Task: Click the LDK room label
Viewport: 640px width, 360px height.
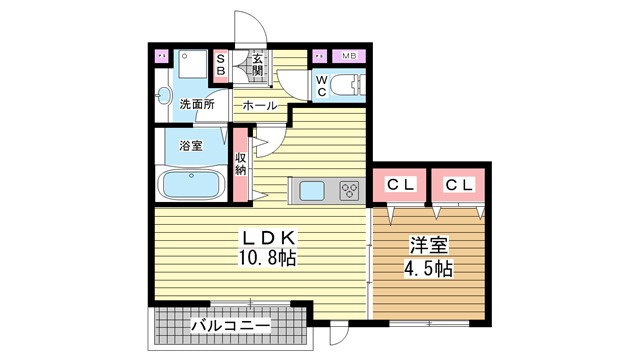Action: click(x=269, y=238)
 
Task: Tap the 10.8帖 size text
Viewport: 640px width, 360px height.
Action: click(x=268, y=258)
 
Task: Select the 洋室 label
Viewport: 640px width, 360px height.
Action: click(x=429, y=245)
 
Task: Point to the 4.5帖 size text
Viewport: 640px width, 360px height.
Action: click(x=428, y=269)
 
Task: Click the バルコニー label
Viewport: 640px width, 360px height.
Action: click(x=231, y=326)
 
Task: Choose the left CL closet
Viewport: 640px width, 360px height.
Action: click(x=400, y=185)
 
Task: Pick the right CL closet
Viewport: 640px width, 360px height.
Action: click(x=458, y=185)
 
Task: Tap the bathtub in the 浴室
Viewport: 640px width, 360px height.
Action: click(x=191, y=184)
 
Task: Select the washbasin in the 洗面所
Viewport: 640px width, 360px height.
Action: click(x=164, y=96)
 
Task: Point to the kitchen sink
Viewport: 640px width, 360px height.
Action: click(x=312, y=191)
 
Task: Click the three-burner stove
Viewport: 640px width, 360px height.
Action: click(x=349, y=191)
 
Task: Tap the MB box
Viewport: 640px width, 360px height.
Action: click(x=349, y=56)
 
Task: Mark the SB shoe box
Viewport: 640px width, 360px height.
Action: click(x=221, y=66)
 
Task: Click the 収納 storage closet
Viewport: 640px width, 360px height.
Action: click(x=240, y=164)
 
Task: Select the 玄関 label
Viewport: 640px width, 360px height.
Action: click(x=257, y=64)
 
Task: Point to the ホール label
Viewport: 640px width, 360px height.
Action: click(x=260, y=106)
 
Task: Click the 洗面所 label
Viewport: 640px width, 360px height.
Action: click(x=197, y=104)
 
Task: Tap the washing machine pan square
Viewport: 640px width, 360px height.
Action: click(x=193, y=64)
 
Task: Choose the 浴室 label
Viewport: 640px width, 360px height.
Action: click(x=191, y=145)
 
